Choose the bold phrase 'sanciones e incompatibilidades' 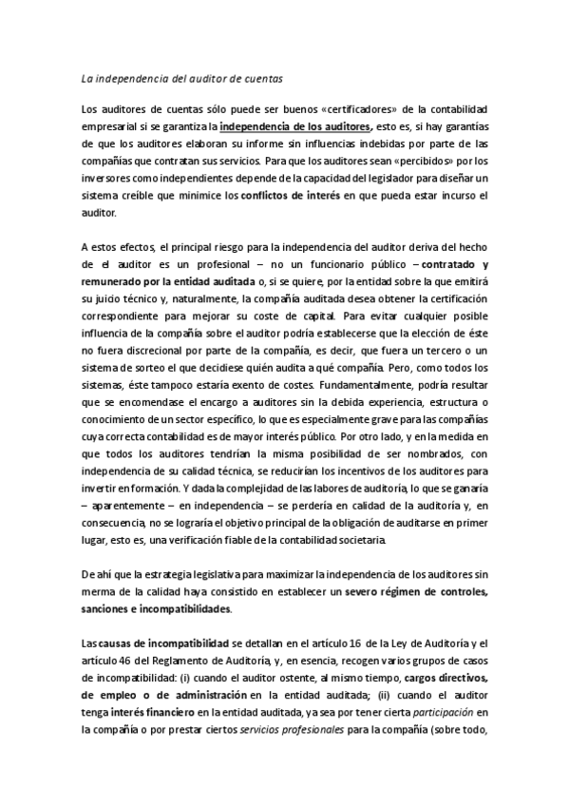157,610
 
